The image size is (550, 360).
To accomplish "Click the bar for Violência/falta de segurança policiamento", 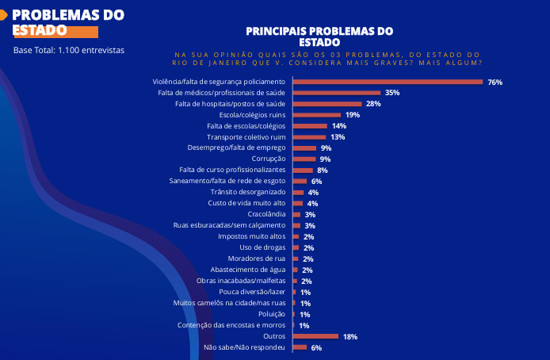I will (388, 82).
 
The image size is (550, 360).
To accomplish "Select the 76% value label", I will (495, 82).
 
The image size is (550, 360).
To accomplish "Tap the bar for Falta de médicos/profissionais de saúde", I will (336, 93).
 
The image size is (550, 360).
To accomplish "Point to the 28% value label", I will (373, 104).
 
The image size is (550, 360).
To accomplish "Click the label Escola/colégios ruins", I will (253, 115).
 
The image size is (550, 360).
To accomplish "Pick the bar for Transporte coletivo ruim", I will (309, 137).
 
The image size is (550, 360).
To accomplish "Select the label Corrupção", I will (269, 159).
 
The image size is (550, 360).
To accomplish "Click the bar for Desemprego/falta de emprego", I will (304, 148).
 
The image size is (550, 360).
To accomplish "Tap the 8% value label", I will (323, 170).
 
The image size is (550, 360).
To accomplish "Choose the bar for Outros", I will (315, 336).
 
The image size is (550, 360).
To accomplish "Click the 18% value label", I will (350, 336).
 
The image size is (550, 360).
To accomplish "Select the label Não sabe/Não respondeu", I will (244, 347).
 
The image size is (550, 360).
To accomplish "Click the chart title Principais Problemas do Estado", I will (319, 36).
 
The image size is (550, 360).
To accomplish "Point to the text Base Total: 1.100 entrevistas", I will (69, 50).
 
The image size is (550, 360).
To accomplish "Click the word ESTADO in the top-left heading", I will (39, 30).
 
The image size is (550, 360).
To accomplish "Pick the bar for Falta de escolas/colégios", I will (310, 126).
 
